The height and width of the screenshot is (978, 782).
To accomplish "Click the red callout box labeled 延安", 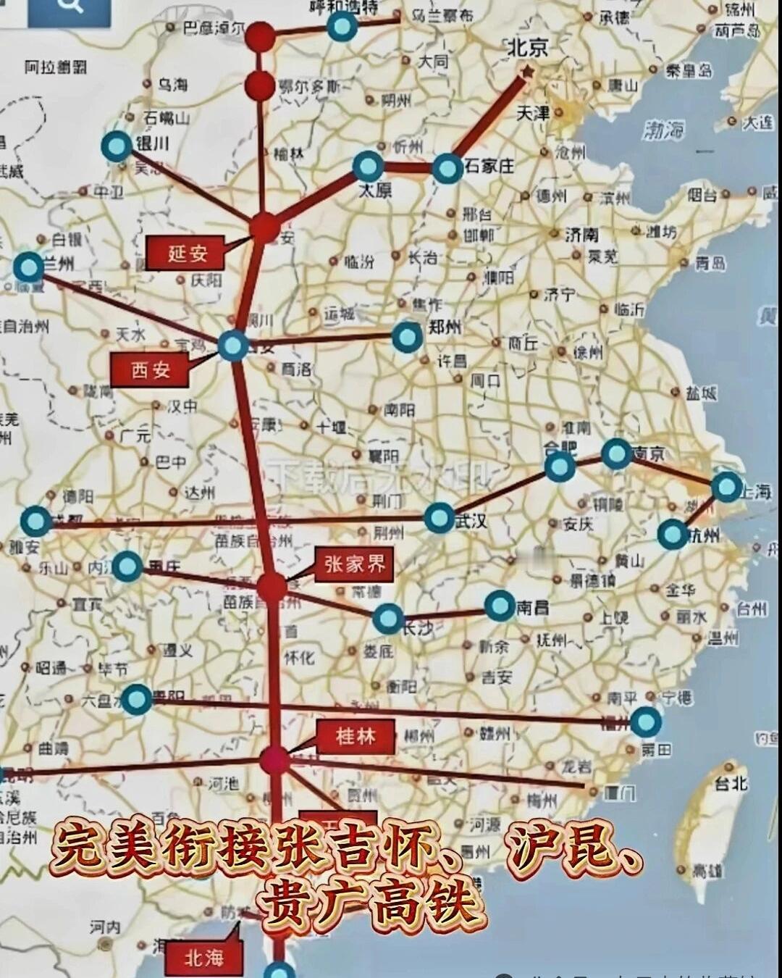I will [x=188, y=253].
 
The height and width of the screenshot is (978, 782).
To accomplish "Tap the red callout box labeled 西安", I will [x=151, y=370].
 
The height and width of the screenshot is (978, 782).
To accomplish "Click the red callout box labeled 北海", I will [x=203, y=958].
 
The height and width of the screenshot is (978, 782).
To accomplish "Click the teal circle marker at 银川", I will [x=116, y=147].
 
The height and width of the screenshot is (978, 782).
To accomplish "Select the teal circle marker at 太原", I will [x=369, y=167].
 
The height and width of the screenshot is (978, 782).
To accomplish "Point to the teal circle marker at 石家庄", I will [x=447, y=169].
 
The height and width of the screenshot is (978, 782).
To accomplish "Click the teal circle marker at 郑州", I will [x=407, y=337].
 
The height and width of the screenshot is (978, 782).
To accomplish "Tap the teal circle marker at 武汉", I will [x=439, y=517].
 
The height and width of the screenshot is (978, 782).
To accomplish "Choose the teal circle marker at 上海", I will [x=726, y=488].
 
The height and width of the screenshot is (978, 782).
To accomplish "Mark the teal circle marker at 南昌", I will [x=500, y=606].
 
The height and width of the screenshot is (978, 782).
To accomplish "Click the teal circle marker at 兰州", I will [x=29, y=267].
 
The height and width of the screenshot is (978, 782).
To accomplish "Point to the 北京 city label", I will [x=527, y=48].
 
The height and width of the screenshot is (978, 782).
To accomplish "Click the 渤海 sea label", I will [x=663, y=130].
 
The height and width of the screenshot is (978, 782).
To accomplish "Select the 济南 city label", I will [x=581, y=234].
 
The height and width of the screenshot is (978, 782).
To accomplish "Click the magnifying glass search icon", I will [x=70, y=7].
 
